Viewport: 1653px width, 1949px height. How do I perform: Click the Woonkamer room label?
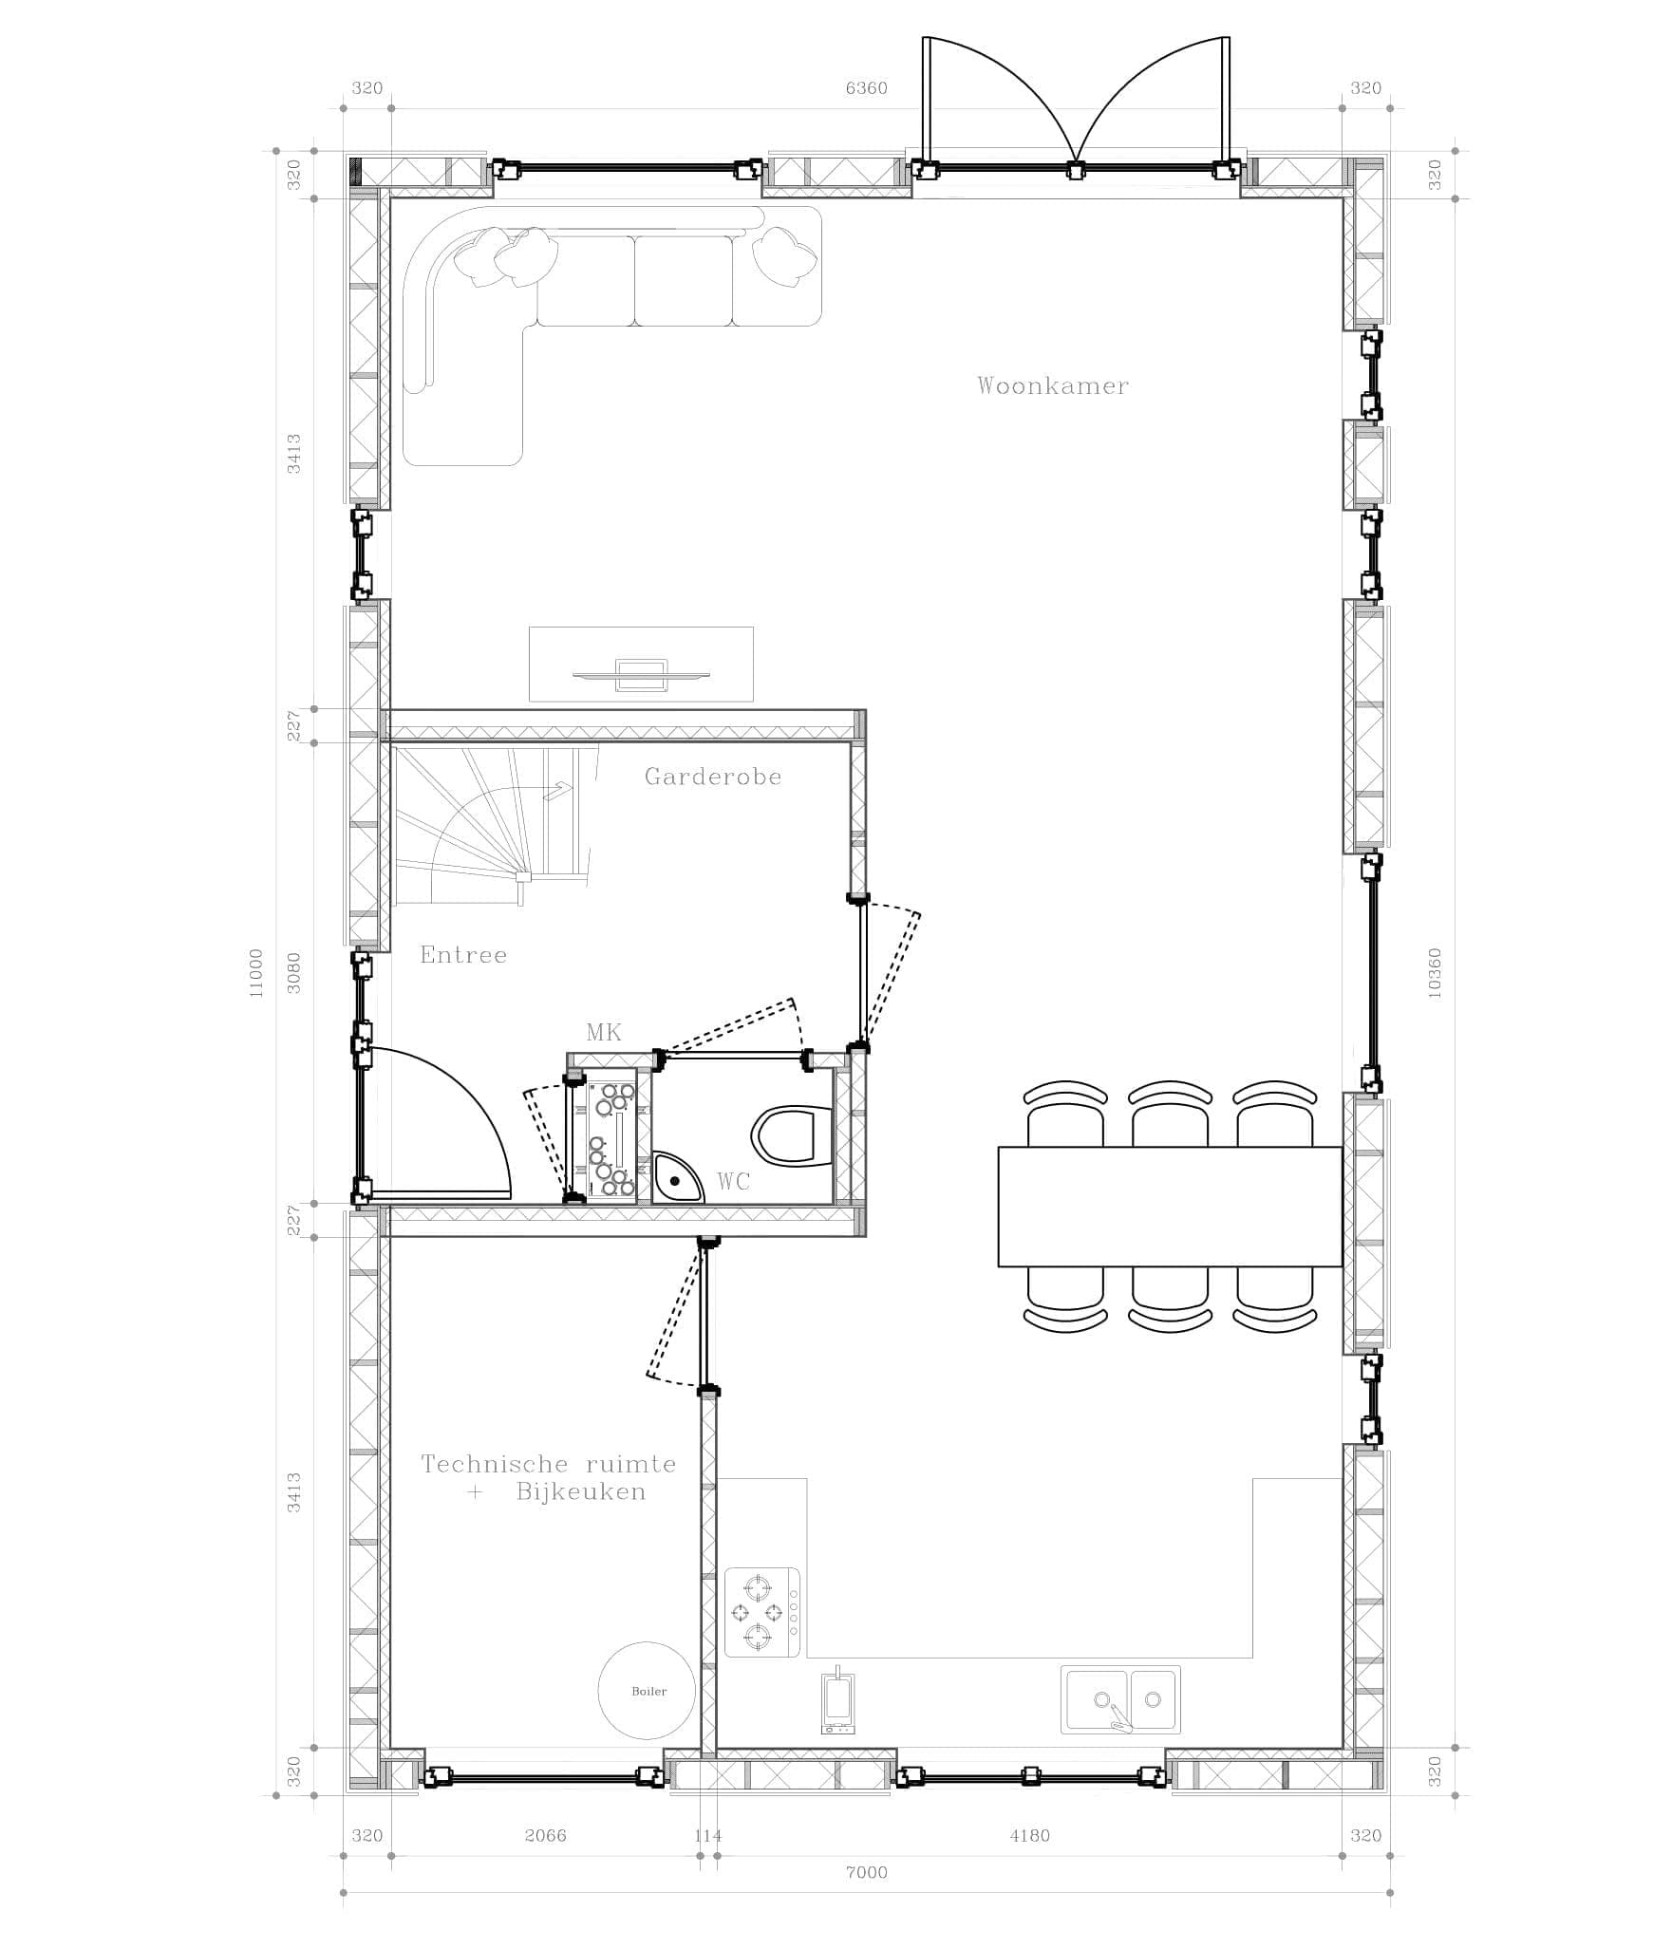tap(1053, 385)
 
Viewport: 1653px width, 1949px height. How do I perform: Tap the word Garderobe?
tap(713, 777)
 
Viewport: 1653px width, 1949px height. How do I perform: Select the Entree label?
tap(463, 955)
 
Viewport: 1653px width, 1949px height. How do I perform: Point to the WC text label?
tap(734, 1181)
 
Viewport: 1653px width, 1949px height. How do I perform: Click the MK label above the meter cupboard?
tap(604, 1033)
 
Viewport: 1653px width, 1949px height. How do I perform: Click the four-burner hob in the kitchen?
tap(762, 1612)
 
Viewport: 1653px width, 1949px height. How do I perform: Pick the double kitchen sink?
tap(1121, 1699)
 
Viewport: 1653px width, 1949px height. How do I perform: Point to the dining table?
tap(1170, 1207)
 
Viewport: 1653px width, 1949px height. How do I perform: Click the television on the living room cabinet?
tap(641, 674)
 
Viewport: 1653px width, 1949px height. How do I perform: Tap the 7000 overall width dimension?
tap(866, 1872)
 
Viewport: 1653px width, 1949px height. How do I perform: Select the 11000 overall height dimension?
tap(254, 972)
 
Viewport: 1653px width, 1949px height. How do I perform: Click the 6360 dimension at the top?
tap(866, 88)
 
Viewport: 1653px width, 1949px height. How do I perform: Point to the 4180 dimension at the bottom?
tap(1029, 1835)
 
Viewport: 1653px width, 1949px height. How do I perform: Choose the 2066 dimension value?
tap(545, 1835)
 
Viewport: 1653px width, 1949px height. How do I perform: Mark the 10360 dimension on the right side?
tap(1435, 972)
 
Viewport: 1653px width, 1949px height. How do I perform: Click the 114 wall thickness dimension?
tap(708, 1835)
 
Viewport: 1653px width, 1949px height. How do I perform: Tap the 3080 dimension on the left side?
tap(294, 972)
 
